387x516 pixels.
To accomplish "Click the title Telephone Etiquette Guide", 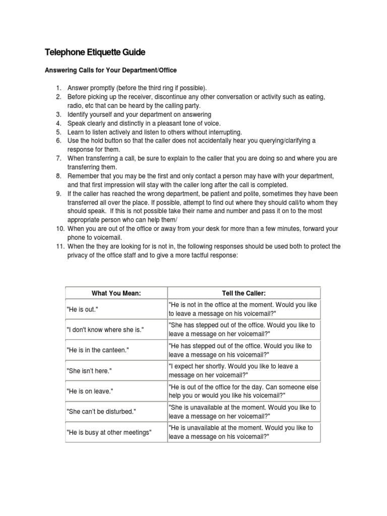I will click(x=95, y=52).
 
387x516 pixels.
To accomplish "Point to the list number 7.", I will click(x=58, y=158).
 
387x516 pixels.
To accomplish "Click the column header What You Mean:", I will click(x=116, y=293).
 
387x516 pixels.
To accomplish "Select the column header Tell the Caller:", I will click(x=243, y=293).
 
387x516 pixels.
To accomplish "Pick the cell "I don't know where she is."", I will click(x=105, y=330).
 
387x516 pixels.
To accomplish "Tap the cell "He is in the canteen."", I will click(x=98, y=350).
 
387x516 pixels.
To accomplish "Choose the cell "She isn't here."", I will click(x=89, y=370).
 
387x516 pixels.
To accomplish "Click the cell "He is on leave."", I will click(x=90, y=391).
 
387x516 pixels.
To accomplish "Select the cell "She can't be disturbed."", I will click(x=101, y=411).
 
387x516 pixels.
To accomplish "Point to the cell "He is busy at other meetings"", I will click(x=109, y=432).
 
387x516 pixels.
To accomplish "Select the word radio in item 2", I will click(x=76, y=105).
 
